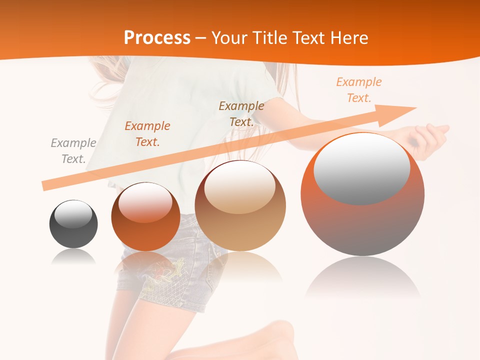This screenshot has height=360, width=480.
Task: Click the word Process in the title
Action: pyautogui.click(x=157, y=38)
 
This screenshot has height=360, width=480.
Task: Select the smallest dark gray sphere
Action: pyautogui.click(x=73, y=224)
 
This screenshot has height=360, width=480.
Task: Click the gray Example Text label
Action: pyautogui.click(x=73, y=151)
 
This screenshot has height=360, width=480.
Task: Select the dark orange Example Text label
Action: pyautogui.click(x=147, y=134)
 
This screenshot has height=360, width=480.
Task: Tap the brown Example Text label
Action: pyautogui.click(x=241, y=114)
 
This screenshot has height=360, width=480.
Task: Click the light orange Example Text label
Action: pyautogui.click(x=359, y=90)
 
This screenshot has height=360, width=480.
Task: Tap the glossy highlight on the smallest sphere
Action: pyautogui.click(x=73, y=214)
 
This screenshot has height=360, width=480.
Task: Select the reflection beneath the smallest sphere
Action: pyautogui.click(x=73, y=257)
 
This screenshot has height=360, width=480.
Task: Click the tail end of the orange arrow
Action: pyautogui.click(x=46, y=186)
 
